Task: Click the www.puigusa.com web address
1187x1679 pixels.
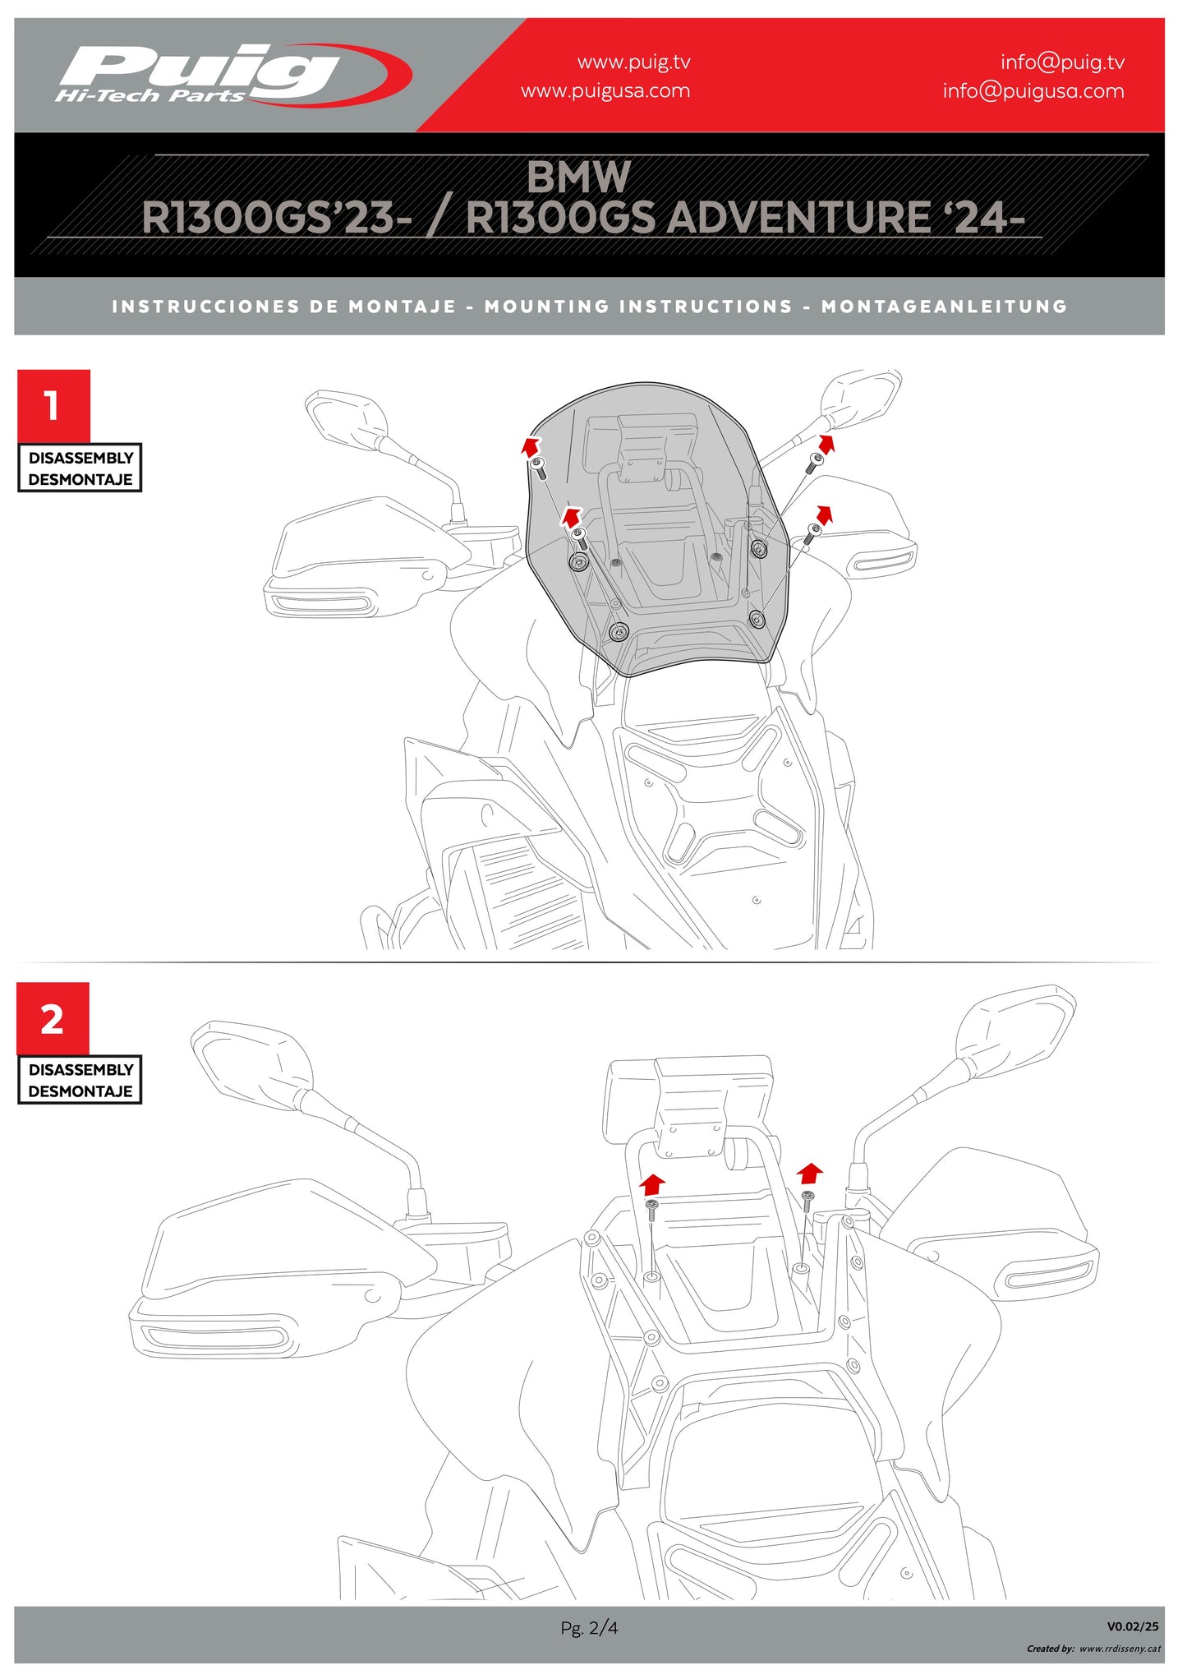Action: (x=605, y=91)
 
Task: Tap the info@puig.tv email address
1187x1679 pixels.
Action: (x=1061, y=62)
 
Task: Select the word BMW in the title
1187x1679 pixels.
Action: (x=578, y=177)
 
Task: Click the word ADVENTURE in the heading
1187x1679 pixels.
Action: (x=798, y=219)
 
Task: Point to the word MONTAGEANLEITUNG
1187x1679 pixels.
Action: (x=944, y=307)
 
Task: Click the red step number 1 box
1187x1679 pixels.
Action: (x=53, y=406)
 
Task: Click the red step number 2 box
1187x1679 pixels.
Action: (x=53, y=1019)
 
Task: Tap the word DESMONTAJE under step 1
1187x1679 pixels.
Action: (x=80, y=479)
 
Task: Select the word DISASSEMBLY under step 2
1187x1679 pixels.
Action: (x=81, y=1070)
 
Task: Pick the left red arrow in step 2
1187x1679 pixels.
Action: (x=652, y=1184)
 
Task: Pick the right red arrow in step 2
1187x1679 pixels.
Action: (x=810, y=1172)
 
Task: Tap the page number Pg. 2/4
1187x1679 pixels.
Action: (x=589, y=1627)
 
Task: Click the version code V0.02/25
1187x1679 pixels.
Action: (x=1132, y=1626)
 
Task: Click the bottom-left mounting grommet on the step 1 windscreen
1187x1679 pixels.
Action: (x=619, y=632)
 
